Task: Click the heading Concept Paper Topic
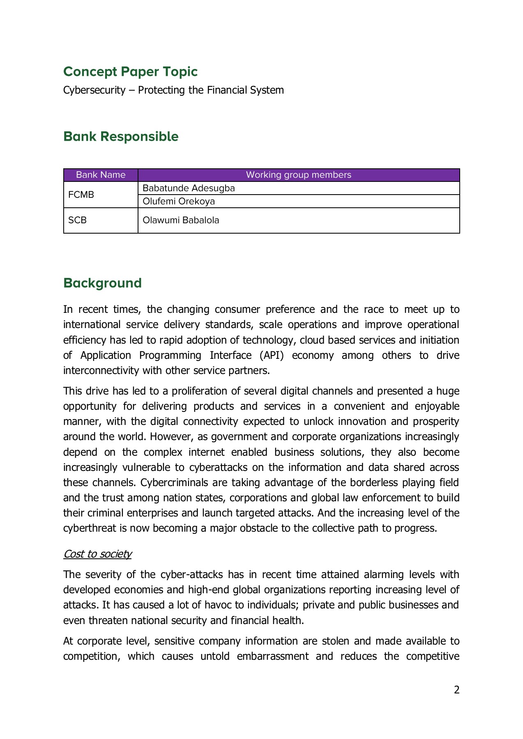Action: (x=130, y=71)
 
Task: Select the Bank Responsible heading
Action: (x=121, y=136)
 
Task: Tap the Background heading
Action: (x=102, y=283)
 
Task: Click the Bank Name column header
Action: (x=101, y=175)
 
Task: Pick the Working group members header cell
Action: (x=298, y=175)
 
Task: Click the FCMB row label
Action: (x=81, y=195)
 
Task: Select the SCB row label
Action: (x=77, y=220)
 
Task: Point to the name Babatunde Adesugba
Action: (x=189, y=188)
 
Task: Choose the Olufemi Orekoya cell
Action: (x=179, y=201)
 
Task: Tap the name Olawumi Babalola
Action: (x=181, y=220)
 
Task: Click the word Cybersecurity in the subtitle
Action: (x=94, y=90)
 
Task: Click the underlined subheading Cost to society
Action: (x=97, y=554)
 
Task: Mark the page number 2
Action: (x=456, y=690)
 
